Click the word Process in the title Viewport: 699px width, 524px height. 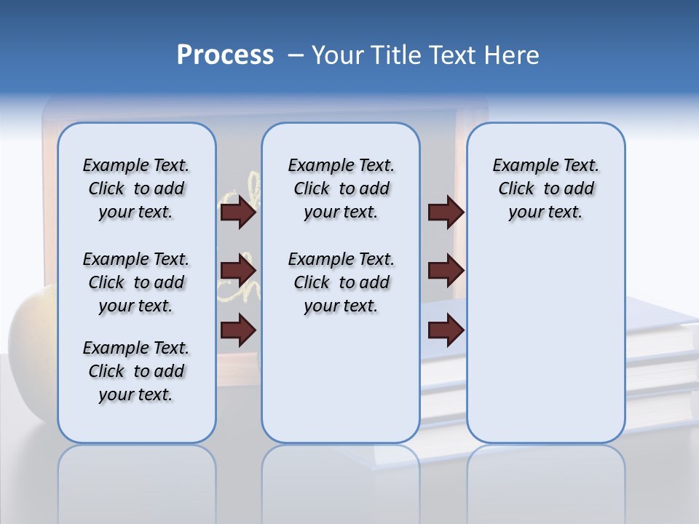225,55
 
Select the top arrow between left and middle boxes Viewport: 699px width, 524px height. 238,213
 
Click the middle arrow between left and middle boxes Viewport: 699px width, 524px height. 238,271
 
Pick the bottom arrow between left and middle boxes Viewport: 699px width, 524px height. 238,330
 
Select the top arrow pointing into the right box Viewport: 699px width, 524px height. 446,213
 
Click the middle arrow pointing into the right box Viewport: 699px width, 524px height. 446,271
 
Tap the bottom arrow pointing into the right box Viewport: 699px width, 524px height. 446,330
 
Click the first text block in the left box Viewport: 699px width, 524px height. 136,188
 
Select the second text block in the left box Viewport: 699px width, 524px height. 136,282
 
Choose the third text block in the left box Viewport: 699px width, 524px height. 136,371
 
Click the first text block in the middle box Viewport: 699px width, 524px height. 341,188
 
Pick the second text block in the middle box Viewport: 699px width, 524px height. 341,282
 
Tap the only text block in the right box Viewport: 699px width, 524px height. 545,188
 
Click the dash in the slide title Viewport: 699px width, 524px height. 296,55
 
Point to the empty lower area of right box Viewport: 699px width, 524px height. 545,342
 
